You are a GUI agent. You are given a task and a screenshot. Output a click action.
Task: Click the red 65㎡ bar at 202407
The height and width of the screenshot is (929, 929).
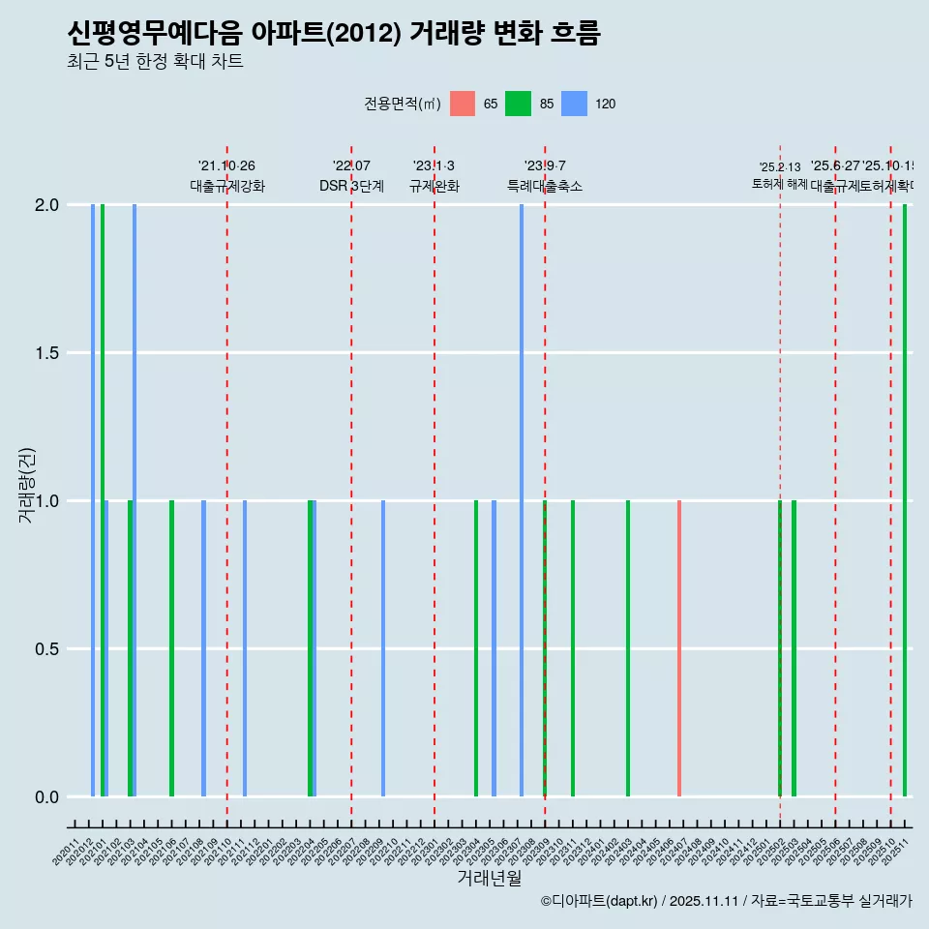point(679,648)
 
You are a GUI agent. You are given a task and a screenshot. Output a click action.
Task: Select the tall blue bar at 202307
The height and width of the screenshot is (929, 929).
point(522,500)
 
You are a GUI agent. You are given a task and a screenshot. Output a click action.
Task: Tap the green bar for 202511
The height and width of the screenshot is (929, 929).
point(905,500)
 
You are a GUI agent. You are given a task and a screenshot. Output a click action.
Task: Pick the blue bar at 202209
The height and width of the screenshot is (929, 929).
point(383,648)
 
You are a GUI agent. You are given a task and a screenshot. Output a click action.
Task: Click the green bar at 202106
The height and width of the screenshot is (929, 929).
point(171,648)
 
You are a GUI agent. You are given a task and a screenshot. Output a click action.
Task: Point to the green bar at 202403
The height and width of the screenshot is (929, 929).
point(628,648)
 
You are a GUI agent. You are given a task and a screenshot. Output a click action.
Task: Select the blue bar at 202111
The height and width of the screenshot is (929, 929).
point(245,648)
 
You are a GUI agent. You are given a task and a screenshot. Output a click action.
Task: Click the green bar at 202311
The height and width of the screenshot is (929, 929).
point(573,648)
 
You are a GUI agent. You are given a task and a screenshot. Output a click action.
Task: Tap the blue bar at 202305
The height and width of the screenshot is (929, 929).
point(494,648)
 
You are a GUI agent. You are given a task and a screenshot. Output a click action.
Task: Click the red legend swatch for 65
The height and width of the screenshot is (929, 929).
point(463,104)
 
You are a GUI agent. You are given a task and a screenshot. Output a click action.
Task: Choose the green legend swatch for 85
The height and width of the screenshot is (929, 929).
point(519,104)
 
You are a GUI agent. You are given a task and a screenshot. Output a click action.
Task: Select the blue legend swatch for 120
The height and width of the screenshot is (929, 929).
point(575,104)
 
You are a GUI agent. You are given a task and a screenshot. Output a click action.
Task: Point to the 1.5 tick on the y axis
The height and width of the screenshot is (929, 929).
point(47,353)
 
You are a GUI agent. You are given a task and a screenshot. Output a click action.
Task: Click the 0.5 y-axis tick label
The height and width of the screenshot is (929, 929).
point(47,649)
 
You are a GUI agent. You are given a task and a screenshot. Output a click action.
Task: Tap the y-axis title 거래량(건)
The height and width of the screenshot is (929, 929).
point(27,485)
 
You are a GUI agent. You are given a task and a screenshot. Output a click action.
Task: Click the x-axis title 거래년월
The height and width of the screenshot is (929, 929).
point(489,879)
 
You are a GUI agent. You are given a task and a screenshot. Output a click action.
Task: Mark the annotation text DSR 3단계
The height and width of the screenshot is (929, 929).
point(351,187)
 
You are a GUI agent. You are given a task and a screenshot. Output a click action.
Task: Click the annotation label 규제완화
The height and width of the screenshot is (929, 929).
point(434,187)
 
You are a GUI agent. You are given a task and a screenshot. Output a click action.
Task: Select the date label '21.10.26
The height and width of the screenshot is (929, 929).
point(226,166)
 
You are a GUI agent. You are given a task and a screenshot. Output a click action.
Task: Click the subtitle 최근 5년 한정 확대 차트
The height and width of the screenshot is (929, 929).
point(155,62)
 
